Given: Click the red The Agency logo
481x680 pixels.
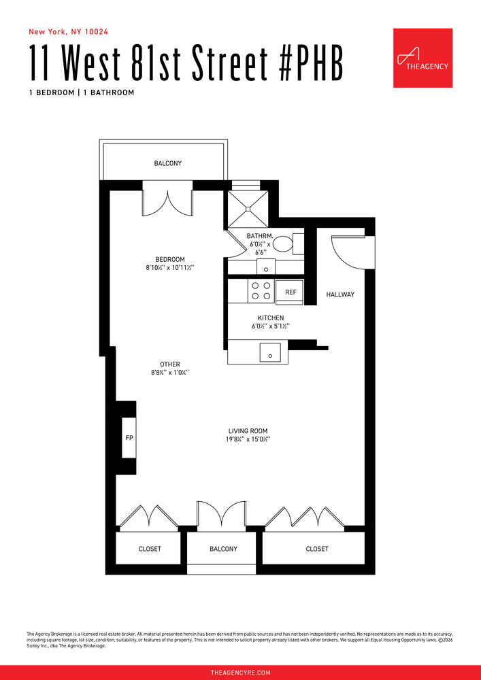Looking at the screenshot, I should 422,58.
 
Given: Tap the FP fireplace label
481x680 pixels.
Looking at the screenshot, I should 129,437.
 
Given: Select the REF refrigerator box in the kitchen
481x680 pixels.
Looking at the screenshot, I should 291,292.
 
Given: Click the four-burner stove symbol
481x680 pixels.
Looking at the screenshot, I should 261,291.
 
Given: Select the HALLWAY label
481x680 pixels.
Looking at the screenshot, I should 340,294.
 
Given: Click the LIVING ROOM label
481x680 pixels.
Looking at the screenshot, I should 248,430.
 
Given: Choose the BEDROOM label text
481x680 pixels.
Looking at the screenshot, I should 169,259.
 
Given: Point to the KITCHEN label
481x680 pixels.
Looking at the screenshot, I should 270,318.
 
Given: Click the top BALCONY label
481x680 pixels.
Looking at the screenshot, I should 167,163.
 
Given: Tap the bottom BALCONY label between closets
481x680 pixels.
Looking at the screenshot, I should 223,549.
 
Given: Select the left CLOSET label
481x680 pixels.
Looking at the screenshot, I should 150,549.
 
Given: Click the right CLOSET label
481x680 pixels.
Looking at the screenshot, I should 316,549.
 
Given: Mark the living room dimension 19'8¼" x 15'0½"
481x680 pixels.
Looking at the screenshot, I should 248,440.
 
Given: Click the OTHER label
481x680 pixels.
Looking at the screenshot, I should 169,364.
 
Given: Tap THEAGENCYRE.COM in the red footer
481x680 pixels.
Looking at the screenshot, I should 240,673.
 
